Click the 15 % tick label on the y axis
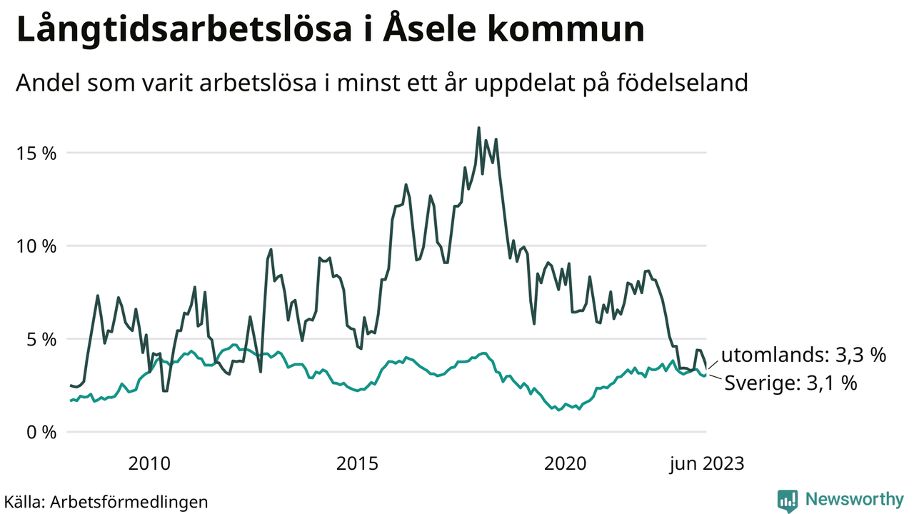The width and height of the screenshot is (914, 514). click(36, 153)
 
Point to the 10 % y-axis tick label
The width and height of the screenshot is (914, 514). click(36, 246)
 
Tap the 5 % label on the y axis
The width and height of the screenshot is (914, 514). click(40, 339)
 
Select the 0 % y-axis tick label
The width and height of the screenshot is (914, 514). click(40, 432)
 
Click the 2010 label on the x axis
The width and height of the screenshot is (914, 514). click(149, 464)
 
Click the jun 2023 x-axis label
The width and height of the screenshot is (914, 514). click(706, 464)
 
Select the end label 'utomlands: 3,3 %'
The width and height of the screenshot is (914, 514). click(803, 356)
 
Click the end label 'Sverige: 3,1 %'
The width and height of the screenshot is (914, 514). click(790, 383)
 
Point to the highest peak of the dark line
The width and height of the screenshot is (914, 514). click(478, 128)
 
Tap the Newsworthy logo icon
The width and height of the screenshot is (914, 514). click(788, 500)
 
